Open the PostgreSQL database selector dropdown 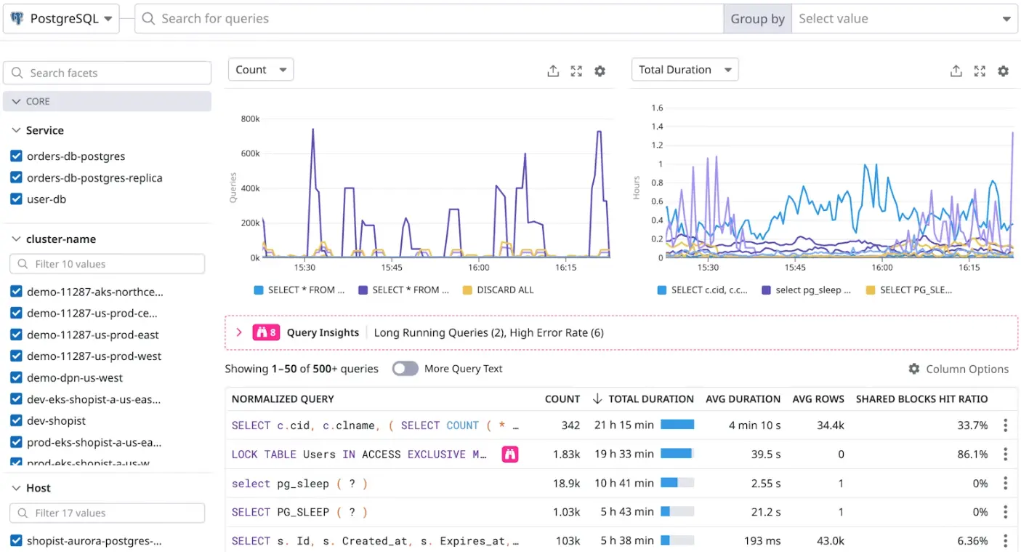[61, 19]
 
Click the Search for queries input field [429, 19]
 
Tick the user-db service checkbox [16, 199]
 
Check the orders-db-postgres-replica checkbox [16, 178]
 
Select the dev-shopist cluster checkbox [16, 421]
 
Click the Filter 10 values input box [108, 264]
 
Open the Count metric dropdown [260, 70]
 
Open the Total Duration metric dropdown [684, 70]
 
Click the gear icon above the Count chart [600, 71]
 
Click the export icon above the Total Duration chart [956, 71]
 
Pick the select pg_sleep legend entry [806, 289]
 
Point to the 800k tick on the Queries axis [250, 119]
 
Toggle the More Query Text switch [405, 369]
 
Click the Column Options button [959, 369]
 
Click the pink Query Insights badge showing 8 [265, 332]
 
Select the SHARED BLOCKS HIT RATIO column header [921, 399]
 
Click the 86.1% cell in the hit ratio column [972, 455]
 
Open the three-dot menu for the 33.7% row [1005, 425]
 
